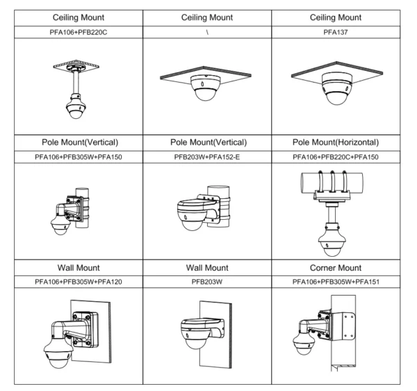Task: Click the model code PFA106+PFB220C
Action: pyautogui.click(x=74, y=32)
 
